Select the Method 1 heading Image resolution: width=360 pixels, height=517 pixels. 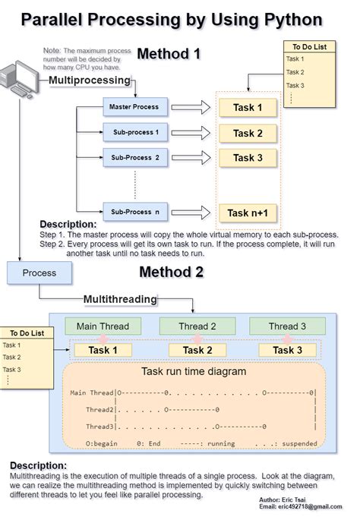pyautogui.click(x=169, y=54)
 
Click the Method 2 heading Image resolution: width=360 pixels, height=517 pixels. pyautogui.click(x=172, y=272)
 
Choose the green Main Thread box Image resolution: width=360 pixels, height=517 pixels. pyautogui.click(x=103, y=326)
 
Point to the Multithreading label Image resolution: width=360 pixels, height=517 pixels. pyautogui.click(x=119, y=299)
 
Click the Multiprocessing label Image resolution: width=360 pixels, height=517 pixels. pyautogui.click(x=90, y=80)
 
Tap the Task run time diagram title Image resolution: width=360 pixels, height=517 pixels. pyautogui.click(x=194, y=372)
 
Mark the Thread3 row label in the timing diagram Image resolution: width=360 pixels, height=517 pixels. pyautogui.click(x=99, y=426)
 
